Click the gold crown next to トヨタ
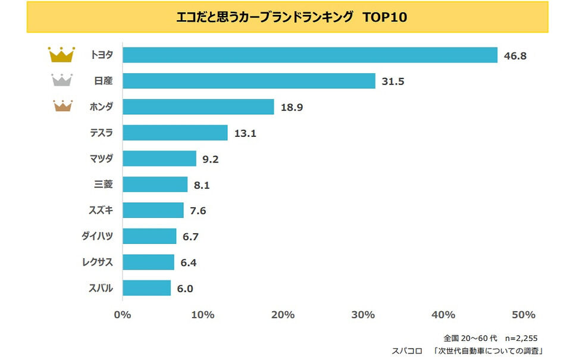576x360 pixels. pos(61,55)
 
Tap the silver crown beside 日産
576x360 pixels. pos(62,80)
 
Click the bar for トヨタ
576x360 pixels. pos(309,55)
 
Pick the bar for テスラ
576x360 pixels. pos(175,133)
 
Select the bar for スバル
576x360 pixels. pos(146,288)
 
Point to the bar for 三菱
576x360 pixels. pos(155,184)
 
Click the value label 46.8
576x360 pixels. pos(515,56)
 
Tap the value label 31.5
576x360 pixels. pos(392,82)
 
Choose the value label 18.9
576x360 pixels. pos(291,108)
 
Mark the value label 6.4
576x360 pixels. pos(190,263)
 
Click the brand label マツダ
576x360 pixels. pos(101,159)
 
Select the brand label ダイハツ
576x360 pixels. pos(97,236)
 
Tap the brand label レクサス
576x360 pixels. pos(97,262)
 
